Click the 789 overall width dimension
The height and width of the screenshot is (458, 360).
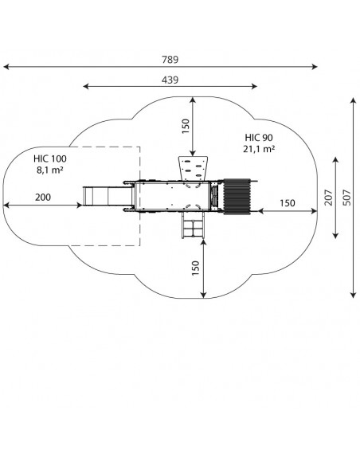pyautogui.click(x=170, y=60)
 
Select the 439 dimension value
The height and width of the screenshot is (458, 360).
pyautogui.click(x=170, y=80)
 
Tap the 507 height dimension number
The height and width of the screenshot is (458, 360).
pyautogui.click(x=346, y=198)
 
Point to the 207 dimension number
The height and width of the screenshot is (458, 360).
pyautogui.click(x=329, y=198)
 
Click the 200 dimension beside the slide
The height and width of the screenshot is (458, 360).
pyautogui.click(x=43, y=198)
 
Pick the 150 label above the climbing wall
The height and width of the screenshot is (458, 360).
pyautogui.click(x=186, y=126)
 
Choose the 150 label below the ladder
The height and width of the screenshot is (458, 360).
pyautogui.click(x=195, y=268)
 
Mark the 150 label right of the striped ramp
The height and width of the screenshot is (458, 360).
pyautogui.click(x=288, y=202)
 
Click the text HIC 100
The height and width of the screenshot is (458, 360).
pyautogui.click(x=50, y=159)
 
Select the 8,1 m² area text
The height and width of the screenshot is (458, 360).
pyautogui.click(x=50, y=170)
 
